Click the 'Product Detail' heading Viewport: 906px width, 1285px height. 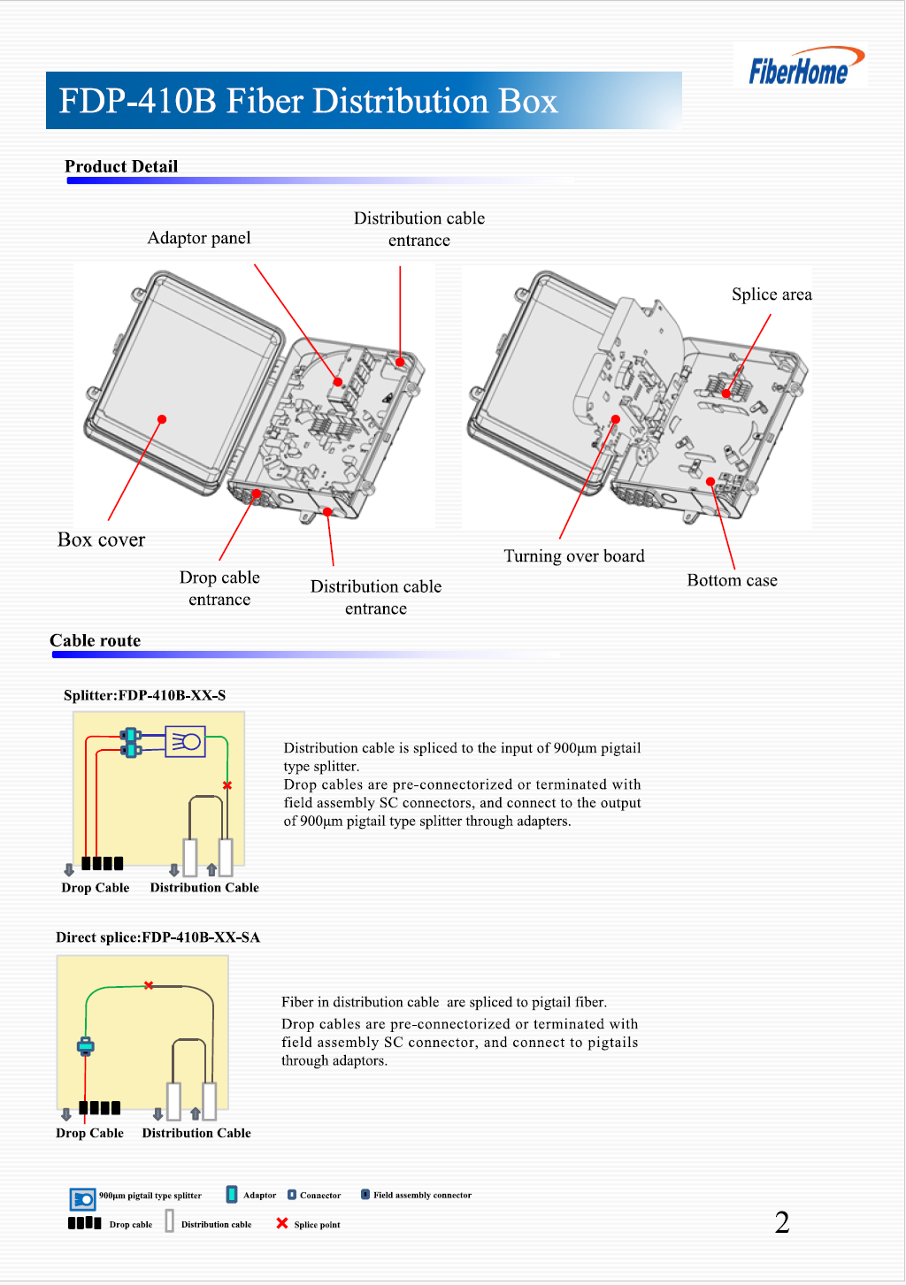coord(121,166)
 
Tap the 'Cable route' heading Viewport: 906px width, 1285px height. coord(95,640)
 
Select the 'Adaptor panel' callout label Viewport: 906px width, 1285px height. coord(199,238)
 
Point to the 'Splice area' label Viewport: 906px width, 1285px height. coord(772,294)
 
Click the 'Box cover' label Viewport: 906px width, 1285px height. coord(101,539)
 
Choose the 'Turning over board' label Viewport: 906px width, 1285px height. coord(574,555)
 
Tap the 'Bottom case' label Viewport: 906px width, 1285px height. coord(732,580)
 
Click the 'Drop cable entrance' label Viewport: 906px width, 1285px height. coord(219,588)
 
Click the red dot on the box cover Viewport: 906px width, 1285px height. coord(162,419)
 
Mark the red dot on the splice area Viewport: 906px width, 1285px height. coord(726,394)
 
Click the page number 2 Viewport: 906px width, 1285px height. coord(782,1222)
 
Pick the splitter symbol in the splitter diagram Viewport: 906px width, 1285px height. coord(186,741)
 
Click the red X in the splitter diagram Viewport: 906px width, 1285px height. coord(227,785)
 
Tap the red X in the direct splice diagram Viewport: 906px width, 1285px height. coord(149,985)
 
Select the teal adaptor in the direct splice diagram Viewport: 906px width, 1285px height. coord(85,1046)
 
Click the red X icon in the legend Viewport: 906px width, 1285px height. coord(282,1223)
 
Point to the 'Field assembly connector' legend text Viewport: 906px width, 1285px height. coord(422,1195)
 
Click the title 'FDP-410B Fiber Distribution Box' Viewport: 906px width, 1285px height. coord(308,101)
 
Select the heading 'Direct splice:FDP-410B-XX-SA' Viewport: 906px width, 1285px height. coord(157,937)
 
